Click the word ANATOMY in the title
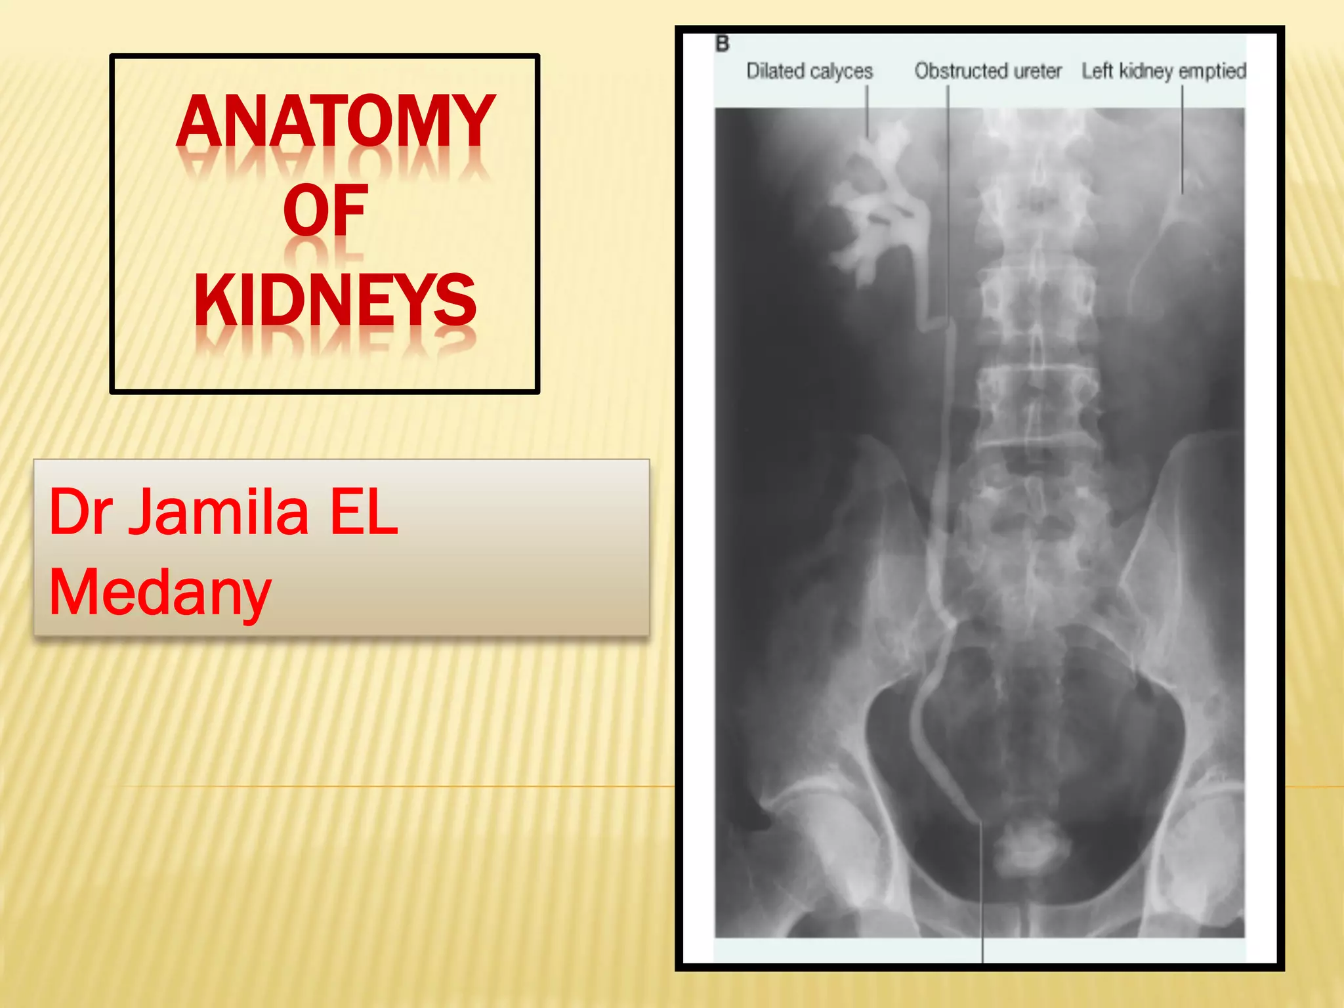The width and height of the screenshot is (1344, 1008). click(335, 121)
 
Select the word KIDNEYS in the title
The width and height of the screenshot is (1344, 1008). click(335, 300)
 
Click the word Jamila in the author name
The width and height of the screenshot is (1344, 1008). click(218, 513)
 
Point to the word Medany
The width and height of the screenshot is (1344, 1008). click(160, 593)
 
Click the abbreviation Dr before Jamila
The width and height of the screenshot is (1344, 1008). click(80, 513)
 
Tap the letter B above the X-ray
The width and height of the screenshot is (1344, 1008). click(723, 45)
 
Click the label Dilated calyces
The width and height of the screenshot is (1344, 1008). click(809, 71)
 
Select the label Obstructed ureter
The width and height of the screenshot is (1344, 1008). click(988, 71)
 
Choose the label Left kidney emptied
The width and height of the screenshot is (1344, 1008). click(1164, 71)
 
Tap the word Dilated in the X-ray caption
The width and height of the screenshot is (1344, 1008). click(776, 71)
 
